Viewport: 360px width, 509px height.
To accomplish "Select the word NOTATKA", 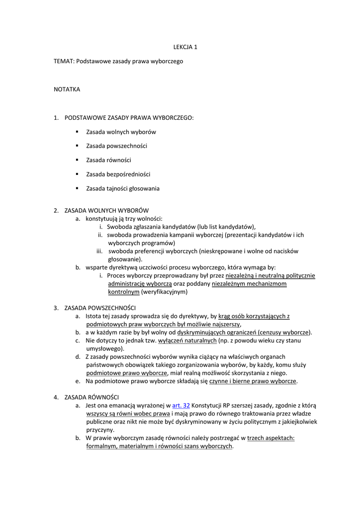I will coord(67,89).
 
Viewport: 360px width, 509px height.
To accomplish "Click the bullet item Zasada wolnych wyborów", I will coord(121,132).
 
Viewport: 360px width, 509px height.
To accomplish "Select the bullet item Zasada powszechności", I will coord(116,146).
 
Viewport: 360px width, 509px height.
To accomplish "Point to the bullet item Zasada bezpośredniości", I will coord(118,174).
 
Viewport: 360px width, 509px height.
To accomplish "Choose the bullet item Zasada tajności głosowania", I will coord(123,188).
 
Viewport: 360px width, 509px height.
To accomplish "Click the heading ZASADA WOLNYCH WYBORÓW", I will coord(106,210).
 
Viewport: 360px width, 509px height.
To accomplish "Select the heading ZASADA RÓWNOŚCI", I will coord(91,397).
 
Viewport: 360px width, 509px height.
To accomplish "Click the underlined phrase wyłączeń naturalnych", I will coord(187,340).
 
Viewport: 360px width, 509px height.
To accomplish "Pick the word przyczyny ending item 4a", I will coord(100,429).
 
